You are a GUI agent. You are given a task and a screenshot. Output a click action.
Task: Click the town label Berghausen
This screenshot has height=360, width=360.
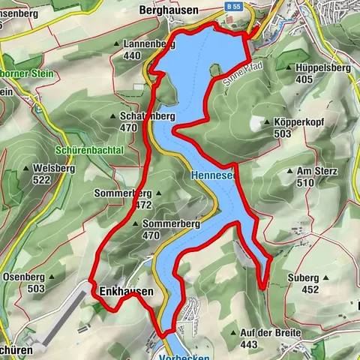(168, 10)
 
